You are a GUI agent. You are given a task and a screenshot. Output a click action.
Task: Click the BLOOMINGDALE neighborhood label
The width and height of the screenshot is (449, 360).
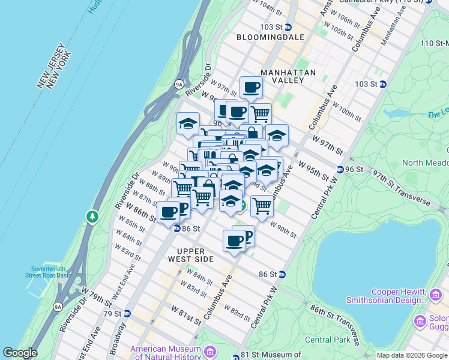pos(270,37)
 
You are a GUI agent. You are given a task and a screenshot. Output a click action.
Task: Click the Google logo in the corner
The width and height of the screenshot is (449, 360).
pos(20,353)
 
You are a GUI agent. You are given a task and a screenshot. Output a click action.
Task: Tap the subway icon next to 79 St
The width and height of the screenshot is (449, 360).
pos(127,313)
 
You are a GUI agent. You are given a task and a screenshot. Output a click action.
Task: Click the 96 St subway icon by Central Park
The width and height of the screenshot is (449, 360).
pos(340,169)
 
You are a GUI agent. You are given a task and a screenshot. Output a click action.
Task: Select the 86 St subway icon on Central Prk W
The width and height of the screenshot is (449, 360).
pos(282,274)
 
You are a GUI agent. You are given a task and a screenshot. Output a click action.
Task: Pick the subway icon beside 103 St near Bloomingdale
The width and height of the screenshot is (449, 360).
pos(288,27)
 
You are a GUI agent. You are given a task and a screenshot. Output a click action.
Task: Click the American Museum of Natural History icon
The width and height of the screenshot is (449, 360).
pos(210,351)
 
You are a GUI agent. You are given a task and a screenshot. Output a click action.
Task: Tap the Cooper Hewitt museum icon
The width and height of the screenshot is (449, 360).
pos(436,295)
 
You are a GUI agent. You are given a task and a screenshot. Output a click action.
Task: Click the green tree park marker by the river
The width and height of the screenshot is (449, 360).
pos(92,215)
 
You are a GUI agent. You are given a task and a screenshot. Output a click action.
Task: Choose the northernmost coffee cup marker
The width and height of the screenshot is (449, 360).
pos(251,88)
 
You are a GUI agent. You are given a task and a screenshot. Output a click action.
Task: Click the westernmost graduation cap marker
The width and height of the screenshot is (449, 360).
pos(188,124)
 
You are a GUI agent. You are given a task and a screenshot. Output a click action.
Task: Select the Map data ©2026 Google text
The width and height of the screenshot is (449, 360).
pos(411,355)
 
